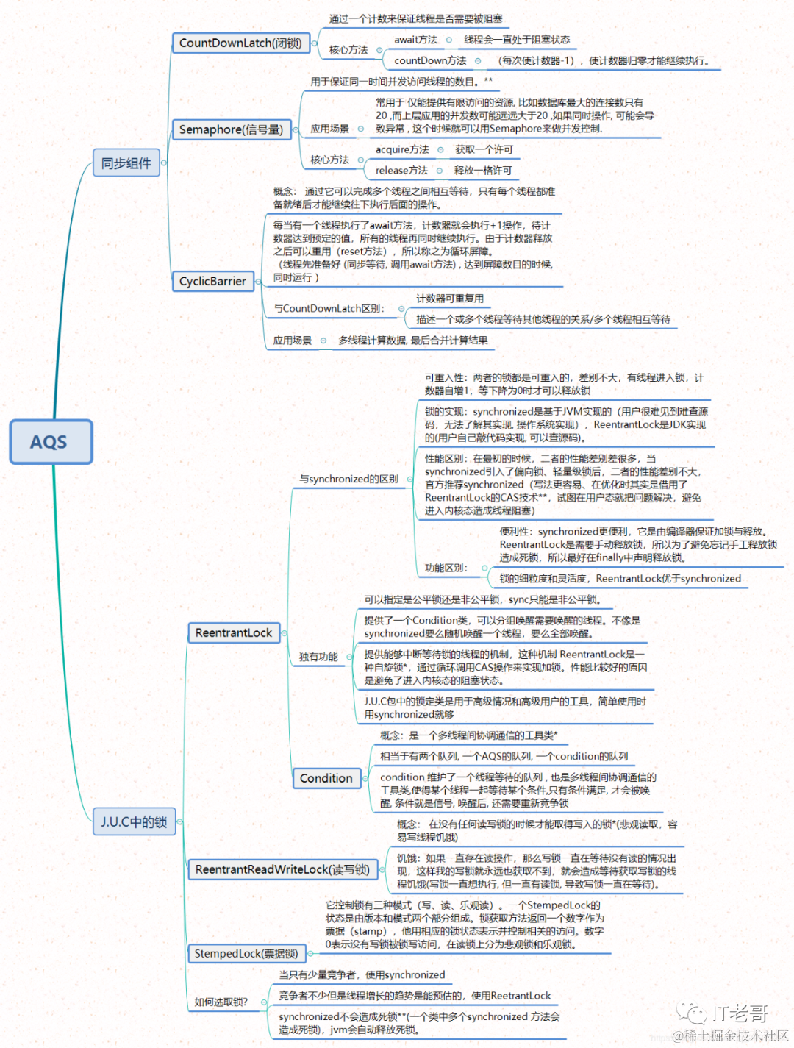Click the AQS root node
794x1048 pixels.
[x=51, y=441]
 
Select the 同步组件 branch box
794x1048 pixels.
[x=126, y=163]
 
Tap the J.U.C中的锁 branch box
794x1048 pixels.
[x=134, y=821]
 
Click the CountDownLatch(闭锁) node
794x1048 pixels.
[x=240, y=43]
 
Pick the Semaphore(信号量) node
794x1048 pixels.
[x=231, y=129]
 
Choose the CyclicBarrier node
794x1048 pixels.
[x=212, y=281]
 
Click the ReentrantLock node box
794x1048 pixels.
[x=233, y=632]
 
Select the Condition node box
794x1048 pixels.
[x=326, y=778]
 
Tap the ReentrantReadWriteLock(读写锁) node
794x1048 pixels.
[x=282, y=869]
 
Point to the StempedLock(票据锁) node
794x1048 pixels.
[x=246, y=953]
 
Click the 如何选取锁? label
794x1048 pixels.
[x=221, y=1002]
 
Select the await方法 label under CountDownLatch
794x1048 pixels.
[x=415, y=40]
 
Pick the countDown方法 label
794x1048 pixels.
[x=430, y=60]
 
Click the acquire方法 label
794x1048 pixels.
[x=402, y=149]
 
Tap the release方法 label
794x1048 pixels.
[x=401, y=170]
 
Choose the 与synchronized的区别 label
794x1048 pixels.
[x=348, y=479]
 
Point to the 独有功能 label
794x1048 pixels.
[x=318, y=657]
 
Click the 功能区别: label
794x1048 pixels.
[x=446, y=568]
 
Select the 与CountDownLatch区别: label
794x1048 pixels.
[x=329, y=308]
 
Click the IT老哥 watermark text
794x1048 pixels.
[x=739, y=1013]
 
